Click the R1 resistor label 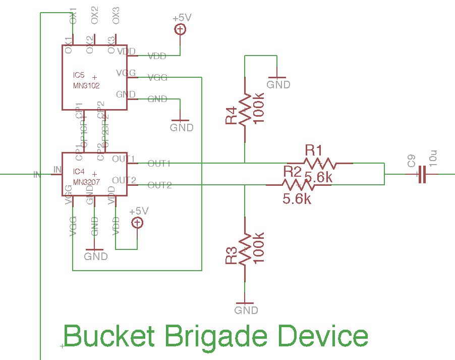pyautogui.click(x=313, y=150)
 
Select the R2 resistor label pyautogui.click(x=293, y=171)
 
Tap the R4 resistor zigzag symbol pyautogui.click(x=245, y=109)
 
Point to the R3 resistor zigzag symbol pyautogui.click(x=245, y=249)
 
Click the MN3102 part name pyautogui.click(x=86, y=86)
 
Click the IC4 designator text pyautogui.click(x=79, y=171)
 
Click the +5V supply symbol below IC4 pyautogui.click(x=137, y=223)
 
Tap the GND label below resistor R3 pyautogui.click(x=246, y=310)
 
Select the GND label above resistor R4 pyautogui.click(x=278, y=84)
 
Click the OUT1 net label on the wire pyautogui.click(x=159, y=164)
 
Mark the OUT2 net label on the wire pyautogui.click(x=159, y=185)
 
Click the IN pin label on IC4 pyautogui.click(x=58, y=169)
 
